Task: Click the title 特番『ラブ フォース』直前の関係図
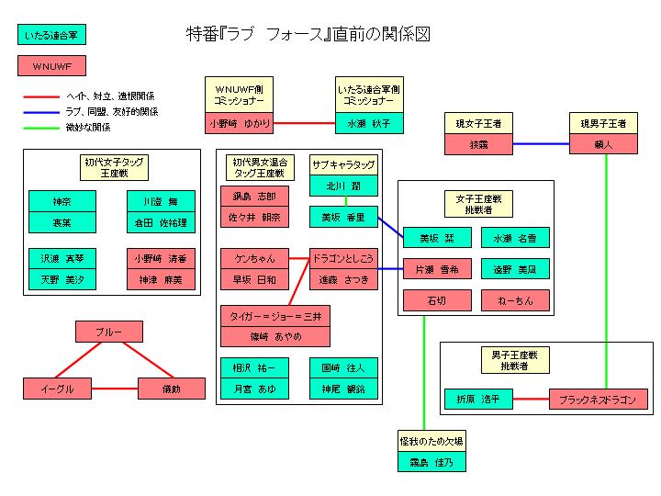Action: coord(307,35)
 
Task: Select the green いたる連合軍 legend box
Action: coord(52,36)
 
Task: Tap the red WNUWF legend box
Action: coord(52,67)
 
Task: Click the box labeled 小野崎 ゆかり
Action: coord(239,122)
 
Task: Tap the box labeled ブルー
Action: coord(109,331)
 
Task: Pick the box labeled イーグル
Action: coord(58,389)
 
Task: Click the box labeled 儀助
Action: coord(171,389)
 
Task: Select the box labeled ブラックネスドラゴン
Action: coord(598,400)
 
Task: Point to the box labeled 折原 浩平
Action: coord(477,400)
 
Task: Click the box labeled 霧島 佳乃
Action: coord(431,462)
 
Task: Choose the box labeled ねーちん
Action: coord(515,300)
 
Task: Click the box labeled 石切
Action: coord(436,300)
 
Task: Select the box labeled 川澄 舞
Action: coord(161,200)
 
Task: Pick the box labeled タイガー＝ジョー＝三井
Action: coord(274,315)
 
